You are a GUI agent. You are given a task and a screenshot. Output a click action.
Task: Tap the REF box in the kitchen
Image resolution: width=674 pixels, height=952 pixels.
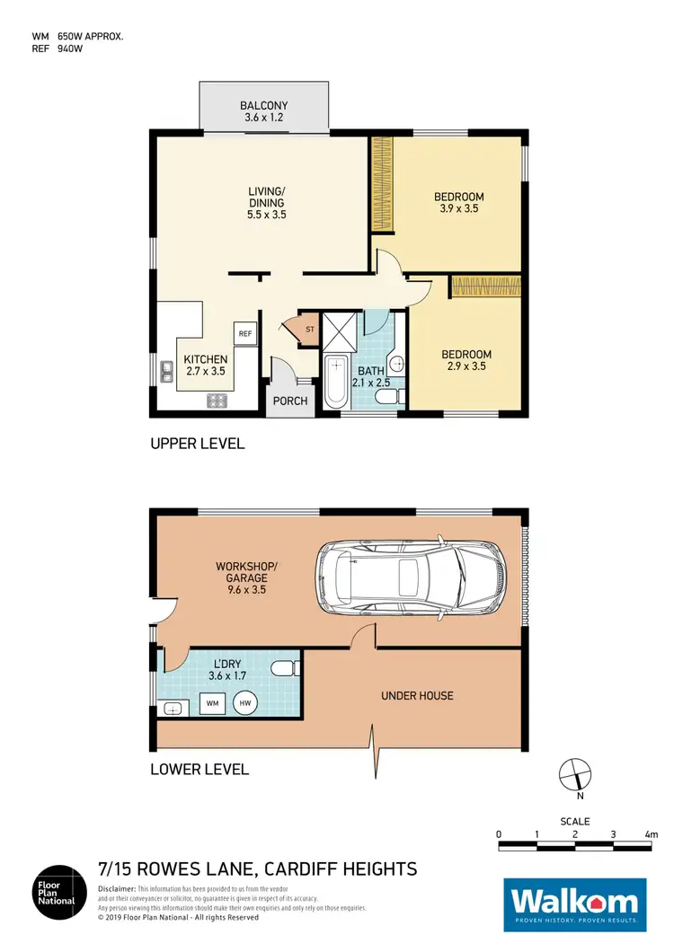coord(244,333)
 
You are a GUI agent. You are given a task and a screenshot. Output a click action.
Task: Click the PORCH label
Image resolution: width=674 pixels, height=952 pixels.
coord(290,401)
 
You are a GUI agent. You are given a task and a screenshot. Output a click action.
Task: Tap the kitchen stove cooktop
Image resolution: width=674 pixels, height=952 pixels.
coord(217,401)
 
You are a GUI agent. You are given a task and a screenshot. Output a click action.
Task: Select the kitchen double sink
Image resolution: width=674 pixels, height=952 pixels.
coord(166,371)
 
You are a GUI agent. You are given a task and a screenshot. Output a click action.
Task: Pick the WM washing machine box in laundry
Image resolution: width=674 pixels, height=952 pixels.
coord(213,701)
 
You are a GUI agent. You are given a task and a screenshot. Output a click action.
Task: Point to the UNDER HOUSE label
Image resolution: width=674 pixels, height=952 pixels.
coord(417,695)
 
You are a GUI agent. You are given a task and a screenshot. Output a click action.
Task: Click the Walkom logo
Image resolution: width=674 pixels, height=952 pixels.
coord(573,902)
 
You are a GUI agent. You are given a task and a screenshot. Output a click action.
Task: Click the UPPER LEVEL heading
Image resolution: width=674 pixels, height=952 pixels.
coord(197,444)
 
